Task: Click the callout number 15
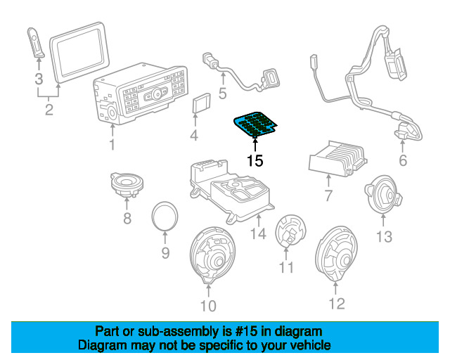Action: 255,160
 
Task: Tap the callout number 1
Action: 111,146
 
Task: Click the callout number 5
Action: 221,92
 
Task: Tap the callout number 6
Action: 402,161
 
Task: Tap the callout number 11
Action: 285,267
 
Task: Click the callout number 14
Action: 259,233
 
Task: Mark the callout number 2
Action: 48,109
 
